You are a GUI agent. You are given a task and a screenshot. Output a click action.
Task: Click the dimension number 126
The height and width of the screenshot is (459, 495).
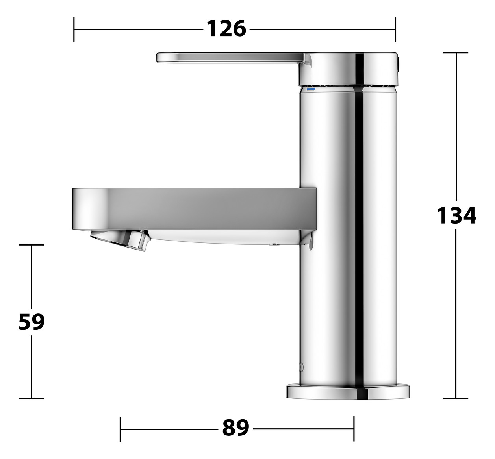[x=226, y=29]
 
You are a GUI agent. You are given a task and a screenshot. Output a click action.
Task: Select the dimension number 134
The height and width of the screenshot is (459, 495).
[x=456, y=215]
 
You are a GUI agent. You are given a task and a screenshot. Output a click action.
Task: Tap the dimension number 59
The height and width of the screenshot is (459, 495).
[x=32, y=322]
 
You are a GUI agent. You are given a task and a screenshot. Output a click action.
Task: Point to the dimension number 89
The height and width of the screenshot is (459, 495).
[x=235, y=428]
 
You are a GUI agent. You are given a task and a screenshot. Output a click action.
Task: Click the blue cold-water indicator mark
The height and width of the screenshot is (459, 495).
[x=311, y=89]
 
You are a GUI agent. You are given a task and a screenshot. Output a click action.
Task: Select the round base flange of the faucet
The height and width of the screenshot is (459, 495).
[x=348, y=392]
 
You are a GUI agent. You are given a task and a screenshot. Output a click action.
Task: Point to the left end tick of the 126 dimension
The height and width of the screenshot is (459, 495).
[x=74, y=29]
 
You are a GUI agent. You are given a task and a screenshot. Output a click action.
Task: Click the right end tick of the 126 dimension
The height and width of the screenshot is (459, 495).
[x=395, y=29]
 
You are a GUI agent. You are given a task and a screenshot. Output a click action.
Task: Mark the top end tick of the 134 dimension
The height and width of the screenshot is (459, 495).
[x=456, y=52]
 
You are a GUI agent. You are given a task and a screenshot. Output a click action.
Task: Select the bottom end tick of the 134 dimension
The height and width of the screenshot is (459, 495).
[x=456, y=398]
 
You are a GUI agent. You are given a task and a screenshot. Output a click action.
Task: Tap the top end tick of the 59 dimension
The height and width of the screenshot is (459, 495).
[x=32, y=245]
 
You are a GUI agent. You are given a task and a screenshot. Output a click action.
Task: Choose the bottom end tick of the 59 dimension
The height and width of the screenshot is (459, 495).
[x=32, y=398]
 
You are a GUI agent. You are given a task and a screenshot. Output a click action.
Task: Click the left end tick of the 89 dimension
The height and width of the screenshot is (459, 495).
[x=121, y=429]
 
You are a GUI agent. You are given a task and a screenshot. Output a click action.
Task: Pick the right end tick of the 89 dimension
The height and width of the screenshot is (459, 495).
[x=354, y=429]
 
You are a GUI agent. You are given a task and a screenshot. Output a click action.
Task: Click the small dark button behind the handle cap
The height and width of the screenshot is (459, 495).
[x=399, y=64]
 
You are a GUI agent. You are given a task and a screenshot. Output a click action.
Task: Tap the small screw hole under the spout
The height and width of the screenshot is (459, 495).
[x=273, y=244]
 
